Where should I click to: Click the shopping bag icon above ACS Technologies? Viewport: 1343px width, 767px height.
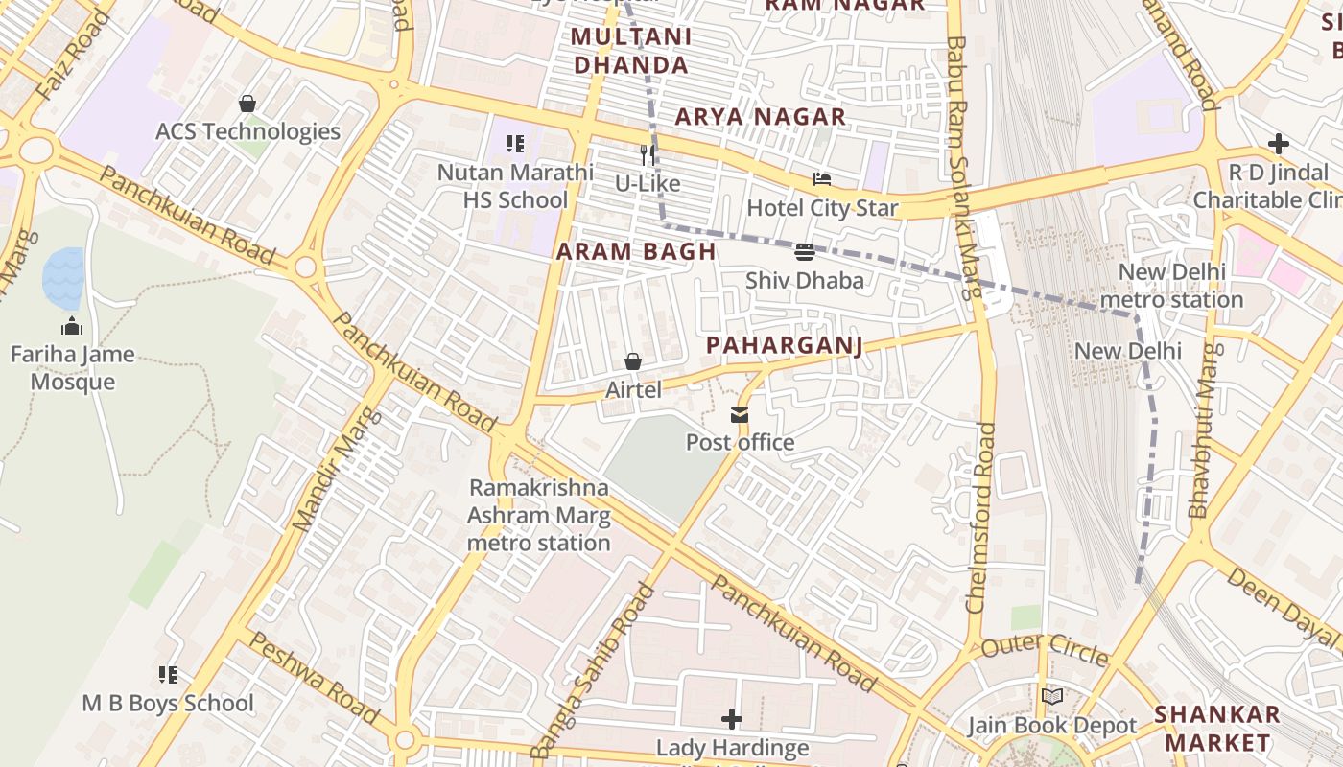tap(247, 104)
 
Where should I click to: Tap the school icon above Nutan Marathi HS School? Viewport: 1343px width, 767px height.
tap(515, 145)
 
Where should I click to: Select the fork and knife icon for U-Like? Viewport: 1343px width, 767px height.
tap(648, 154)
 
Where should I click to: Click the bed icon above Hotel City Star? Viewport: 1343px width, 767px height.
tap(822, 179)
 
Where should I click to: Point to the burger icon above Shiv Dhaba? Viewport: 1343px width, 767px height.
tap(805, 252)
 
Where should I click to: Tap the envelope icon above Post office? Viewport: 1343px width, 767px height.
tap(740, 415)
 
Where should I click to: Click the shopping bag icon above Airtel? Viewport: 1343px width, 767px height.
tap(633, 361)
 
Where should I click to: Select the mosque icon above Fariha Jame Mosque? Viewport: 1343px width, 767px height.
tap(72, 326)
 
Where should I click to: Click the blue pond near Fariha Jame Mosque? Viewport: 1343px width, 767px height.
tap(63, 278)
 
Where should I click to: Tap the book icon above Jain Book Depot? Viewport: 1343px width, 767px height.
tap(1052, 697)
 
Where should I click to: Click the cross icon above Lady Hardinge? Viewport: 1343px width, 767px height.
tap(732, 719)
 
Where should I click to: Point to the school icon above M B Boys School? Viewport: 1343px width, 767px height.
tap(168, 675)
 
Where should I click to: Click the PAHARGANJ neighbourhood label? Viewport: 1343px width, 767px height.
tap(784, 345)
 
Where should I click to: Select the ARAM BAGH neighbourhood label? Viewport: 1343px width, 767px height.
tap(636, 252)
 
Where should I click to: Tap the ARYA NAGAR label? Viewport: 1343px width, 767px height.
tap(760, 117)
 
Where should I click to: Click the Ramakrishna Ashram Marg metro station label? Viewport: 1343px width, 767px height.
tap(538, 515)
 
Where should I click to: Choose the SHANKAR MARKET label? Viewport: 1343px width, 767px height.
tap(1216, 728)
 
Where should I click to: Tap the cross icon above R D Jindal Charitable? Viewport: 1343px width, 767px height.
tap(1278, 145)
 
